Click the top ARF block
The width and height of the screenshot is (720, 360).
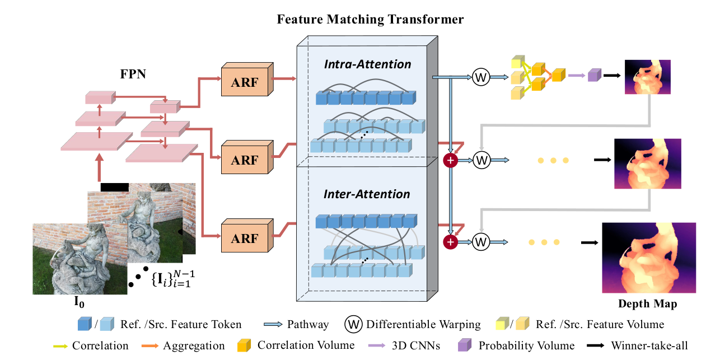click(x=246, y=82)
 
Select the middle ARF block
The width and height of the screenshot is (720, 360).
click(x=246, y=160)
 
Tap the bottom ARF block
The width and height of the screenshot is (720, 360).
click(x=246, y=238)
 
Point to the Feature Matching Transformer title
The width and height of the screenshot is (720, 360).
click(x=370, y=20)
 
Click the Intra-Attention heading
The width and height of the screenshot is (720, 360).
click(x=367, y=64)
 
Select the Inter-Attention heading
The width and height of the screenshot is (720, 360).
click(x=367, y=194)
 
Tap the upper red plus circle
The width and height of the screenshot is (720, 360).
click(x=451, y=161)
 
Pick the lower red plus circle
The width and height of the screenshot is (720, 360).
click(x=451, y=242)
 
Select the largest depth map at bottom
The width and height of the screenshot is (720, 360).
click(x=649, y=258)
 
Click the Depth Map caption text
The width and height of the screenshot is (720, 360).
click(x=647, y=305)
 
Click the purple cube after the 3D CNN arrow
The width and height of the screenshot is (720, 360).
click(x=593, y=75)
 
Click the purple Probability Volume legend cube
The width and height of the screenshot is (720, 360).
click(x=465, y=345)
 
